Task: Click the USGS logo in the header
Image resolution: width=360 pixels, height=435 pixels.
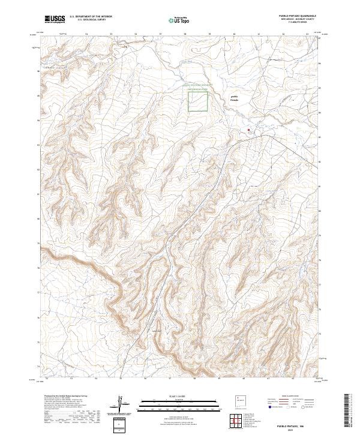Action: (55, 19)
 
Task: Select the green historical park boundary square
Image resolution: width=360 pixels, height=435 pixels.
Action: (198, 101)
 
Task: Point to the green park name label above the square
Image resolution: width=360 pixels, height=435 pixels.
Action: (197, 87)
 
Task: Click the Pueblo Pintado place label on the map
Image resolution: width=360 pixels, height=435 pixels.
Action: (235, 97)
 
